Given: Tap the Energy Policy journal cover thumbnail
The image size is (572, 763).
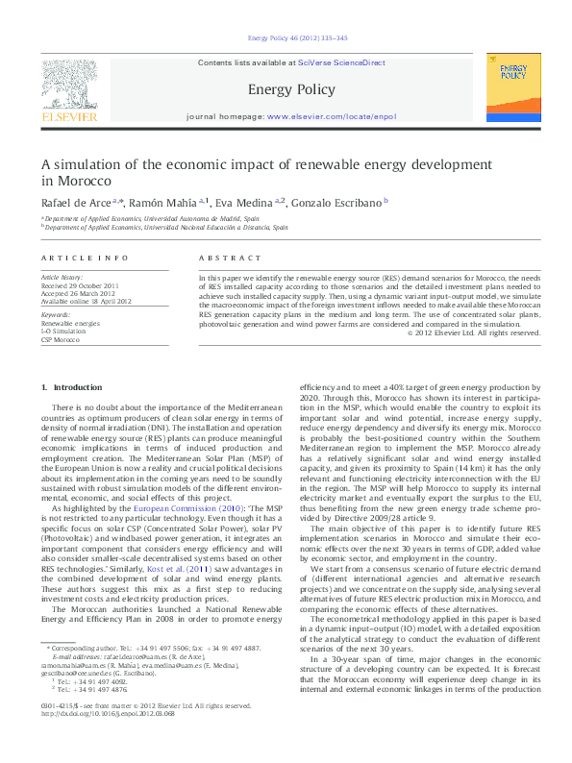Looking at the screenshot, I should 513,88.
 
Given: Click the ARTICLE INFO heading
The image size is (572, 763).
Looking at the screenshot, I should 85,258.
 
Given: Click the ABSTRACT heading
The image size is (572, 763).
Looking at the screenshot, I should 230,258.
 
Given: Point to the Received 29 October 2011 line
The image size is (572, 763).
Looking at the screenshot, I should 80,285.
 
